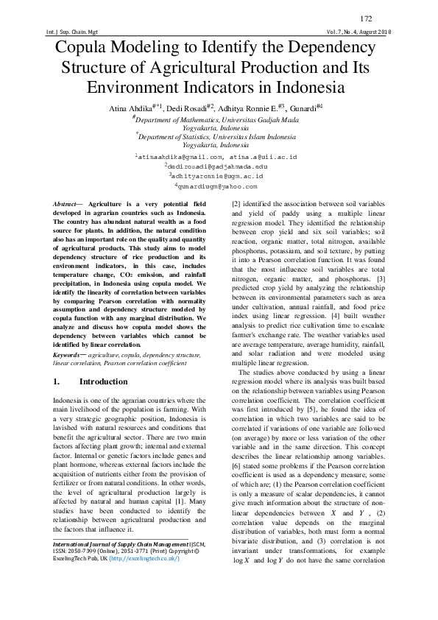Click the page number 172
[366, 18]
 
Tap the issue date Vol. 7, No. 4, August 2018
[358, 33]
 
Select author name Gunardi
[299, 109]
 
